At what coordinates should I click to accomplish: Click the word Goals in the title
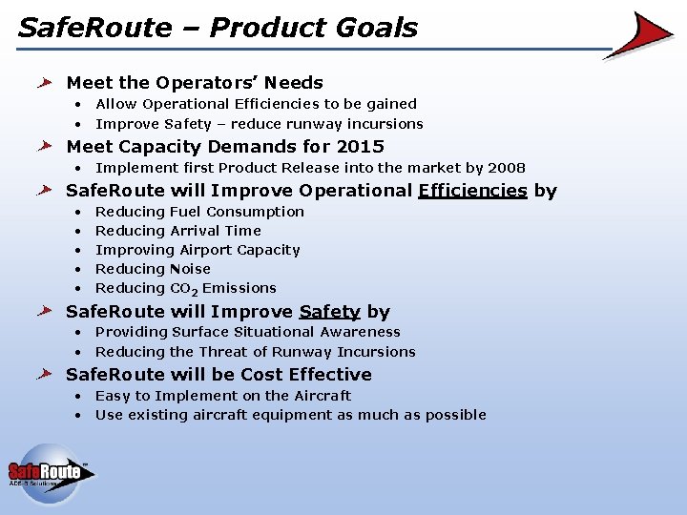(376, 28)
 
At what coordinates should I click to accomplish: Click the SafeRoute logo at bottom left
(52, 474)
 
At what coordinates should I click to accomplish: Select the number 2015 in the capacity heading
(360, 146)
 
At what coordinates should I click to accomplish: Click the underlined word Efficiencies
(472, 191)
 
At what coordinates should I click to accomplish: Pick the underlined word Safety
(329, 312)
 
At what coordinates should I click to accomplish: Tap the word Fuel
(186, 212)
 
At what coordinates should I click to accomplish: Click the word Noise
(190, 269)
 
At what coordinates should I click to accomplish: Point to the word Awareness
(360, 332)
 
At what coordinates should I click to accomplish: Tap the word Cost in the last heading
(260, 375)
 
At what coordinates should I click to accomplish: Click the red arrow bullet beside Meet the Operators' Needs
(45, 82)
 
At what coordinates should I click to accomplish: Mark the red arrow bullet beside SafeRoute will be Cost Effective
(45, 375)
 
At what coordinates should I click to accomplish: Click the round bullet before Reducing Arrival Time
(78, 231)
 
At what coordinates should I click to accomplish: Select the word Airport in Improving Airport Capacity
(205, 250)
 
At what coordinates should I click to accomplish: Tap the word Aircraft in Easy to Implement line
(323, 396)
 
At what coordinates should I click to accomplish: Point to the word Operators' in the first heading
(206, 83)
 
